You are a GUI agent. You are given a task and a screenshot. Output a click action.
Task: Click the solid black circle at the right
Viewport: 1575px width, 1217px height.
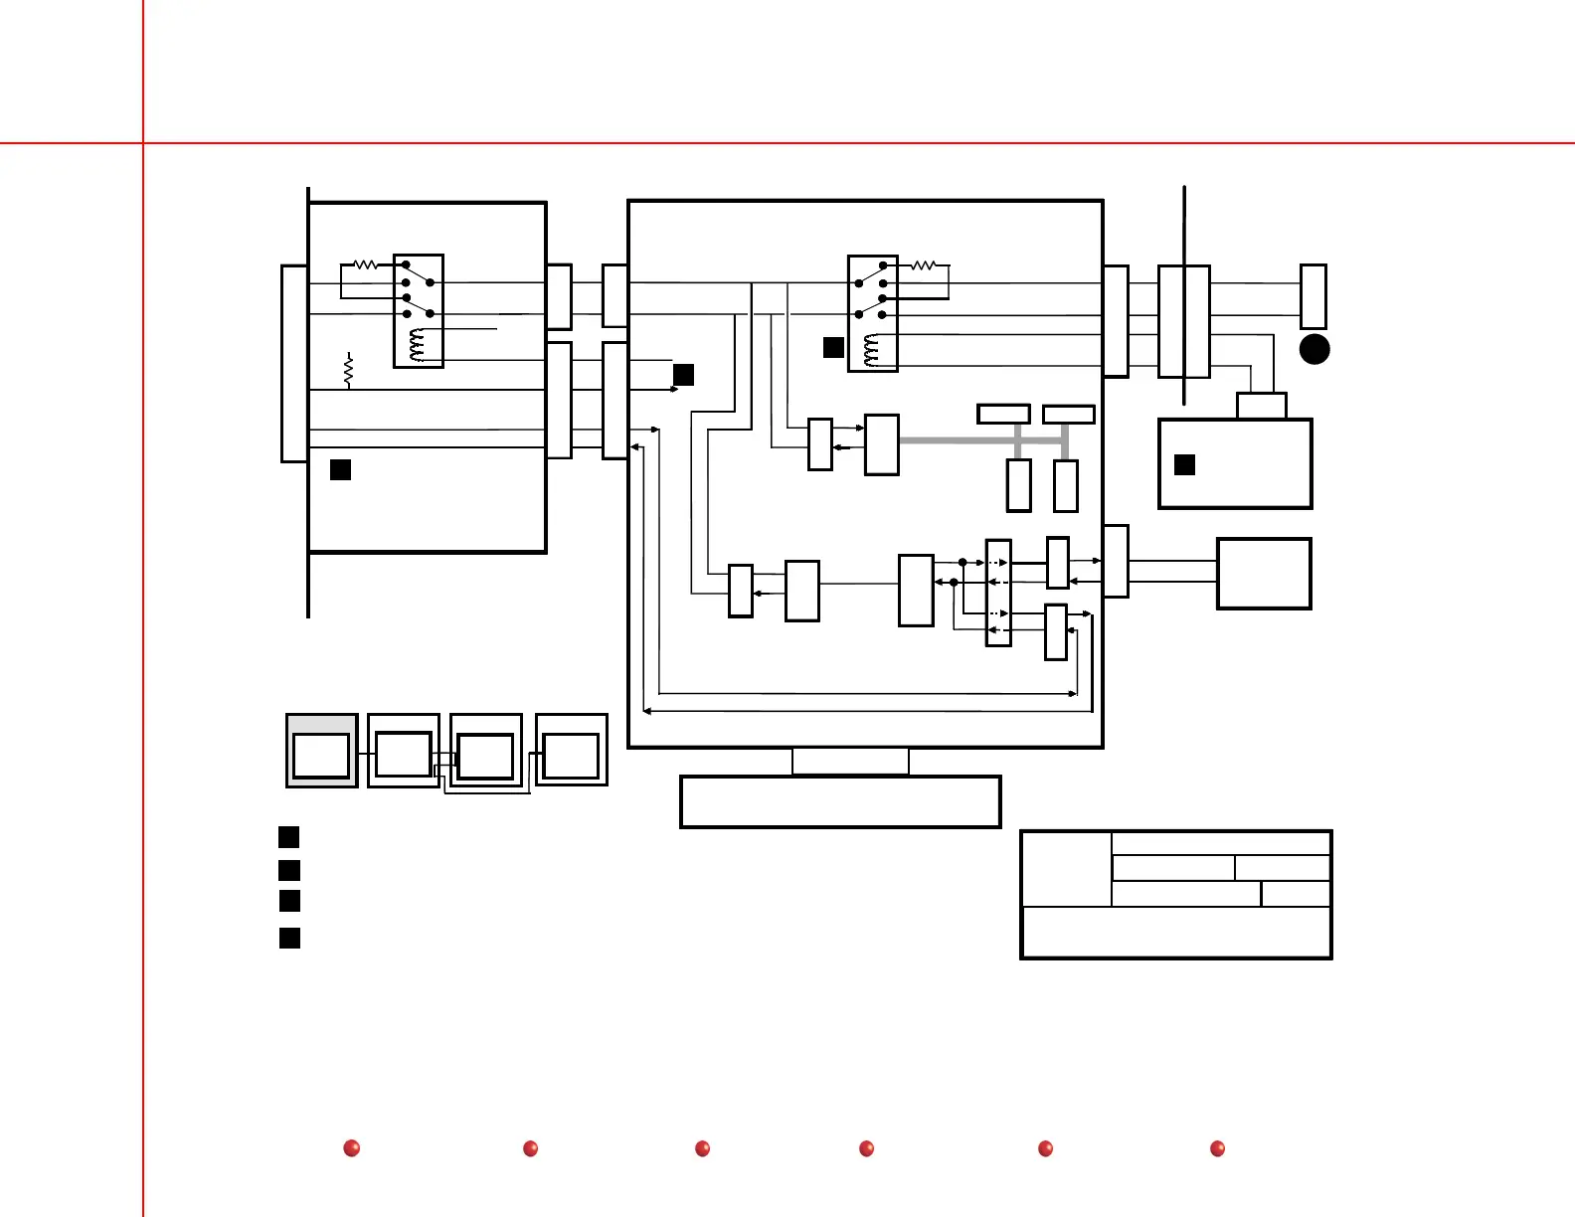1314,349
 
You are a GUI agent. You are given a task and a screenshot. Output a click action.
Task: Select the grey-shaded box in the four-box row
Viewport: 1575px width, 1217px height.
321,751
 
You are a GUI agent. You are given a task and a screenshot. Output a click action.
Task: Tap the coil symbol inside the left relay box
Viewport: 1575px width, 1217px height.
418,346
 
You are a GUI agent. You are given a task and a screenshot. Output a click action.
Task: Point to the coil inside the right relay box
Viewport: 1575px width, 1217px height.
872,350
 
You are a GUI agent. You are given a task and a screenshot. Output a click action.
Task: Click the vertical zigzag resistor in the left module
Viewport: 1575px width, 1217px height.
348,370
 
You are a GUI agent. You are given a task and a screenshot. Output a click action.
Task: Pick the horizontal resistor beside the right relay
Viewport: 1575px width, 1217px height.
924,265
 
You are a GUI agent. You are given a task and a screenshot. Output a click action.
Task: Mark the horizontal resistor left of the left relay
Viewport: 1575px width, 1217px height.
366,264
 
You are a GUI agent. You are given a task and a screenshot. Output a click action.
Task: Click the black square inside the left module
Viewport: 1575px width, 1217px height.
340,469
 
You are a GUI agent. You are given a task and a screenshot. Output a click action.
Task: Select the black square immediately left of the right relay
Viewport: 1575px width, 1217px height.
833,347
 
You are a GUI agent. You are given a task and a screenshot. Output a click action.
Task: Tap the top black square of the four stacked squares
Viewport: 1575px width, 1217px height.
288,836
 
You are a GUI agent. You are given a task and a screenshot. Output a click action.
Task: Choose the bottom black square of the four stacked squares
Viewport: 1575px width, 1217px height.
289,938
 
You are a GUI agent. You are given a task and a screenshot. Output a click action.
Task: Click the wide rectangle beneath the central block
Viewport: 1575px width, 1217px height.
840,801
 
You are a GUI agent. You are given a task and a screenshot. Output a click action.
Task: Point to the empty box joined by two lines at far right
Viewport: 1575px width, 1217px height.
1264,574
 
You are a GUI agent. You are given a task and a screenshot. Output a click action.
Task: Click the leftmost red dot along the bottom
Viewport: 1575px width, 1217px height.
351,1148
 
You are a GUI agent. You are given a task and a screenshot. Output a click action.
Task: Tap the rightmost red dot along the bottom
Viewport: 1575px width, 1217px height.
1217,1148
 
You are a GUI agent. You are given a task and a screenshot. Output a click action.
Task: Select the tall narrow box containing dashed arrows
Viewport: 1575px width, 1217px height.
998,593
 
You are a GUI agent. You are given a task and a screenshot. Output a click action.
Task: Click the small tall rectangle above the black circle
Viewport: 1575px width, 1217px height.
1313,296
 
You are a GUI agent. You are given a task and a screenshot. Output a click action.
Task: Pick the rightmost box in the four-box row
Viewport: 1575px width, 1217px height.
572,751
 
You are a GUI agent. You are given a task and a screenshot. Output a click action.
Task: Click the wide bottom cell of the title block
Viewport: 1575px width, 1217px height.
1176,932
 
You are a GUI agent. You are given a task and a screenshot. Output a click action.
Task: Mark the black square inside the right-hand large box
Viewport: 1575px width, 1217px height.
1184,464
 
